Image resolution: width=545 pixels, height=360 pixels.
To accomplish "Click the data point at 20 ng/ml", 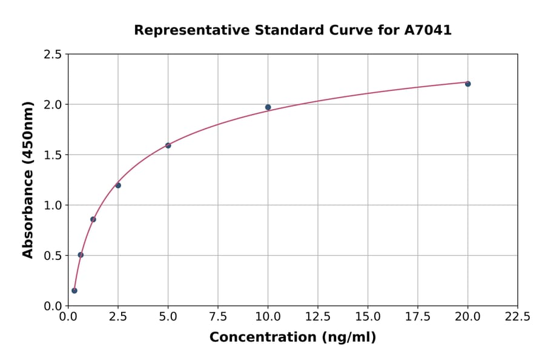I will click(x=467, y=84).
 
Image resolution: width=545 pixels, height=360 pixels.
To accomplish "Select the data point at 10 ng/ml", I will click(x=268, y=107).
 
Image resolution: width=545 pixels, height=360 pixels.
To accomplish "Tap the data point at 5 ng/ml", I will click(x=168, y=145).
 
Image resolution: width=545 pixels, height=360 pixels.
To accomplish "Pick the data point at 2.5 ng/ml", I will click(x=118, y=185).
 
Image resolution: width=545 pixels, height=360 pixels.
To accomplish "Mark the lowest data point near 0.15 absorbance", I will click(x=74, y=290).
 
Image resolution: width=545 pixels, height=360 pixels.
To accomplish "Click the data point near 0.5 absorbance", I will click(x=81, y=255).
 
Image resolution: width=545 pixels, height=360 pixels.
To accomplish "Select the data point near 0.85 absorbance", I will click(x=93, y=219).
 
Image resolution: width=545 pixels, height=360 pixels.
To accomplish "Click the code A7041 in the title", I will click(x=428, y=30).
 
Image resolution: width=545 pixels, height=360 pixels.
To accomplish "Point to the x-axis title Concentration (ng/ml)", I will click(x=292, y=338).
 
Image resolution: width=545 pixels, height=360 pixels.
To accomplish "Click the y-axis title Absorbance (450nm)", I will click(x=28, y=179).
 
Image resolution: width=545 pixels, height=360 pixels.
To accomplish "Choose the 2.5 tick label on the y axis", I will click(x=52, y=55).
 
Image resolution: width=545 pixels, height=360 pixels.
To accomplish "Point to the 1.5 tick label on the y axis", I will click(x=52, y=155).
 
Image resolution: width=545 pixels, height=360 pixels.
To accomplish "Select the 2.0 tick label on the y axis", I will click(x=52, y=105).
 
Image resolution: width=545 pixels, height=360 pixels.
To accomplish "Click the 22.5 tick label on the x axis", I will click(x=517, y=317).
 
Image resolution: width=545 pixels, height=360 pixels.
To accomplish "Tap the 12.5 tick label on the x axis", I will click(x=317, y=317).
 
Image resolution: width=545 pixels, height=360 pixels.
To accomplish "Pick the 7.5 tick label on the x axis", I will click(x=218, y=317).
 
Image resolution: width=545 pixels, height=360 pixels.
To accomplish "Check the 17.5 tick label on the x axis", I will click(x=418, y=317).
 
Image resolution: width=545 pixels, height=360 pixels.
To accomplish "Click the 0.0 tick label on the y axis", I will click(x=52, y=306).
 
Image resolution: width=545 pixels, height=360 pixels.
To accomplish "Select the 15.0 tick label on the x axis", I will click(x=368, y=317).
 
